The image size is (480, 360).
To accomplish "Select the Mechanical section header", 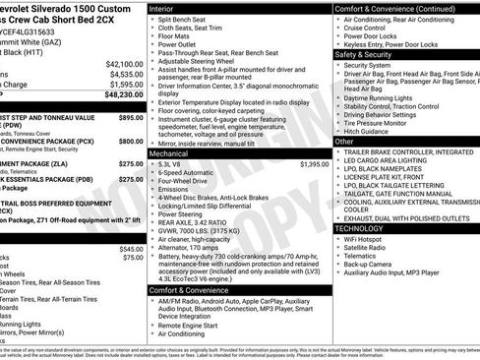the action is [x=171, y=153].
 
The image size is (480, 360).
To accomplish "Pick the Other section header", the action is [x=345, y=142].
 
